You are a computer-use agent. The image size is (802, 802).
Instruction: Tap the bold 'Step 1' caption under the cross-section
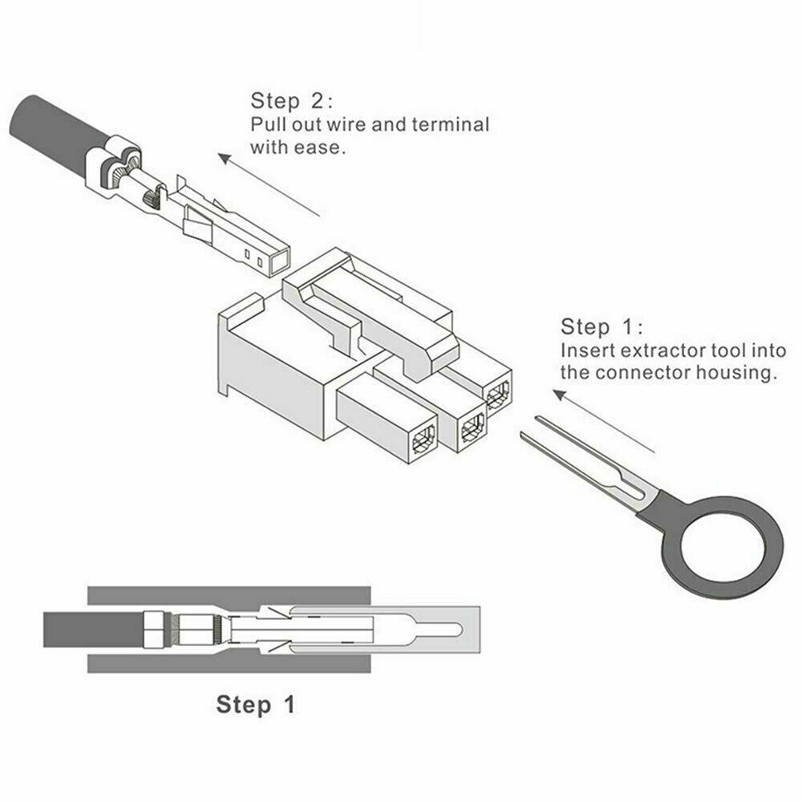256,704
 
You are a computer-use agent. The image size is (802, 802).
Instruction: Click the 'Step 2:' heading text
292,101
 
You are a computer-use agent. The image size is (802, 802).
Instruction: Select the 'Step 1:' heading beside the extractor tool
602,327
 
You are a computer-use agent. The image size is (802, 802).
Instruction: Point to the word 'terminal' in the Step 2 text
451,124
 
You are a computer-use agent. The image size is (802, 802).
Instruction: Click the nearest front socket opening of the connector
423,439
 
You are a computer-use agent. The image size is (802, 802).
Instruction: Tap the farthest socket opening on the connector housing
498,395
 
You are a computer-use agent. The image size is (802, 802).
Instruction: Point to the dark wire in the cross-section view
94,629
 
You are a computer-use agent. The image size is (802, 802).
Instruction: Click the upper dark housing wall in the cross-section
229,595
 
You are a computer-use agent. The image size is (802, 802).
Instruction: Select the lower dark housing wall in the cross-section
229,663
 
